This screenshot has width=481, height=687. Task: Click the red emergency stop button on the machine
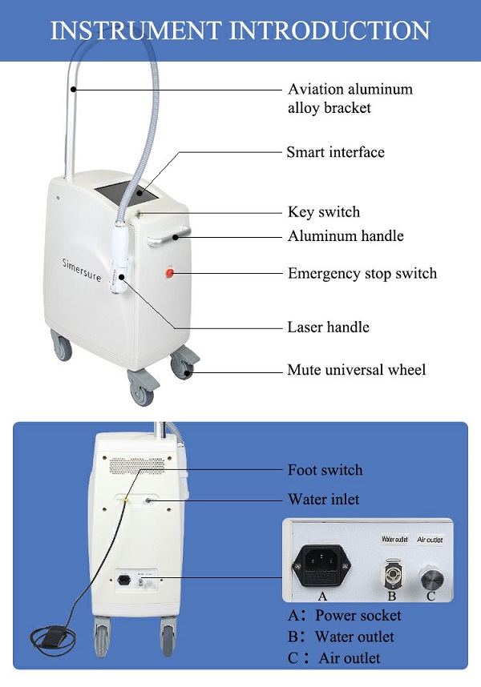(170, 273)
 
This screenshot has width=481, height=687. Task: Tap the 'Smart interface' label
(335, 152)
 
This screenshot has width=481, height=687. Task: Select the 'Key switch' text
(324, 212)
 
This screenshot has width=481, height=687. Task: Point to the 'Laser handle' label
(328, 327)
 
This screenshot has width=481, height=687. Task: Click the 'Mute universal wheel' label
(356, 370)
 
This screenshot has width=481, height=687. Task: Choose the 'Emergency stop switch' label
(362, 273)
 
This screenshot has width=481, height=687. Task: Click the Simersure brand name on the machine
(82, 270)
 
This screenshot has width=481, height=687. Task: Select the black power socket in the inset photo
(321, 565)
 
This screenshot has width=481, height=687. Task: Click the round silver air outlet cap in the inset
(432, 578)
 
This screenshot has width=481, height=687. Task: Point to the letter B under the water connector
(392, 596)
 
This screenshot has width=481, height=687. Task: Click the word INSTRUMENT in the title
(135, 30)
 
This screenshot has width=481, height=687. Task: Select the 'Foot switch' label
(325, 470)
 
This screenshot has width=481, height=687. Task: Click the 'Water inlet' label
(324, 499)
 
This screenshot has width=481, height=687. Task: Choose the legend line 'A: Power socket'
(344, 616)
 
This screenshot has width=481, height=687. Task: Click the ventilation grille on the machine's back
(137, 466)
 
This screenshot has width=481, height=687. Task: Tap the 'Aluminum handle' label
(346, 236)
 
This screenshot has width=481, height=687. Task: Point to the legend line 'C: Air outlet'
(334, 658)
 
